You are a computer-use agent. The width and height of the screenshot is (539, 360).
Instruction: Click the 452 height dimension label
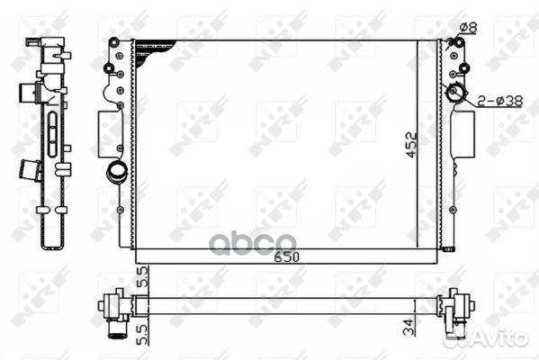(412, 145)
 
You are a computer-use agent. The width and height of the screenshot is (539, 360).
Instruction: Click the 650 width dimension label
(287, 256)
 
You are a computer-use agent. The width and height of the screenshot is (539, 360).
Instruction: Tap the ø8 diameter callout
(469, 27)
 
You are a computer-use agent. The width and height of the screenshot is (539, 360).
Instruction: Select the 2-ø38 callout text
(500, 101)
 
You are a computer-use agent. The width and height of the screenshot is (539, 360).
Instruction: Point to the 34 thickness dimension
(409, 327)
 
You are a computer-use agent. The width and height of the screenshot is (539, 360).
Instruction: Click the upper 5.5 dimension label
(142, 276)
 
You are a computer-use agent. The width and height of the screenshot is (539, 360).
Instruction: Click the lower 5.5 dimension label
(142, 334)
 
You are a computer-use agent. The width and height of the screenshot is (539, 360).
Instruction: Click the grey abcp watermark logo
(253, 244)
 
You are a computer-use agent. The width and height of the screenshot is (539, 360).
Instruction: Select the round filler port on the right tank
(454, 92)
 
